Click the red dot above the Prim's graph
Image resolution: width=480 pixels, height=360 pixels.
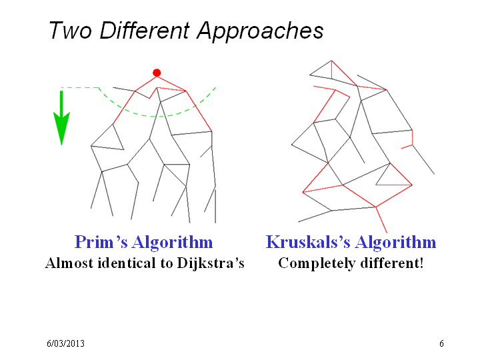click(x=157, y=73)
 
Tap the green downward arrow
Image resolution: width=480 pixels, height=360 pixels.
click(x=61, y=118)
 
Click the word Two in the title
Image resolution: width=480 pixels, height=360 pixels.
click(x=71, y=30)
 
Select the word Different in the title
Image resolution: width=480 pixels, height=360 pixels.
click(x=145, y=30)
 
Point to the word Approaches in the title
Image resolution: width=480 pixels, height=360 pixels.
click(x=260, y=31)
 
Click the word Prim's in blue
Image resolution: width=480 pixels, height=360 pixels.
click(x=101, y=242)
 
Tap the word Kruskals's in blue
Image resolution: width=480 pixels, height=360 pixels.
click(x=308, y=242)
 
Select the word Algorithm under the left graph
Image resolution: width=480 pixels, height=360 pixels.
click(x=173, y=243)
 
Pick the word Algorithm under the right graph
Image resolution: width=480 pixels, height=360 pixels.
click(x=395, y=243)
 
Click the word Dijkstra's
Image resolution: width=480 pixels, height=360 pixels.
click(x=211, y=263)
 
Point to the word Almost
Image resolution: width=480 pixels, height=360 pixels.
click(x=69, y=263)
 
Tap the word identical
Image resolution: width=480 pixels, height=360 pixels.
click(x=127, y=263)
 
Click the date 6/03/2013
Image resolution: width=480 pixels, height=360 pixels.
click(x=65, y=343)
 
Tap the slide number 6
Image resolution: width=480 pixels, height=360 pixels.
click(x=441, y=343)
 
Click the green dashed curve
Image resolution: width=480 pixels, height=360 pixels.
click(x=153, y=116)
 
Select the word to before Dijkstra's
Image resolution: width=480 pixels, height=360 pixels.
click(x=166, y=263)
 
